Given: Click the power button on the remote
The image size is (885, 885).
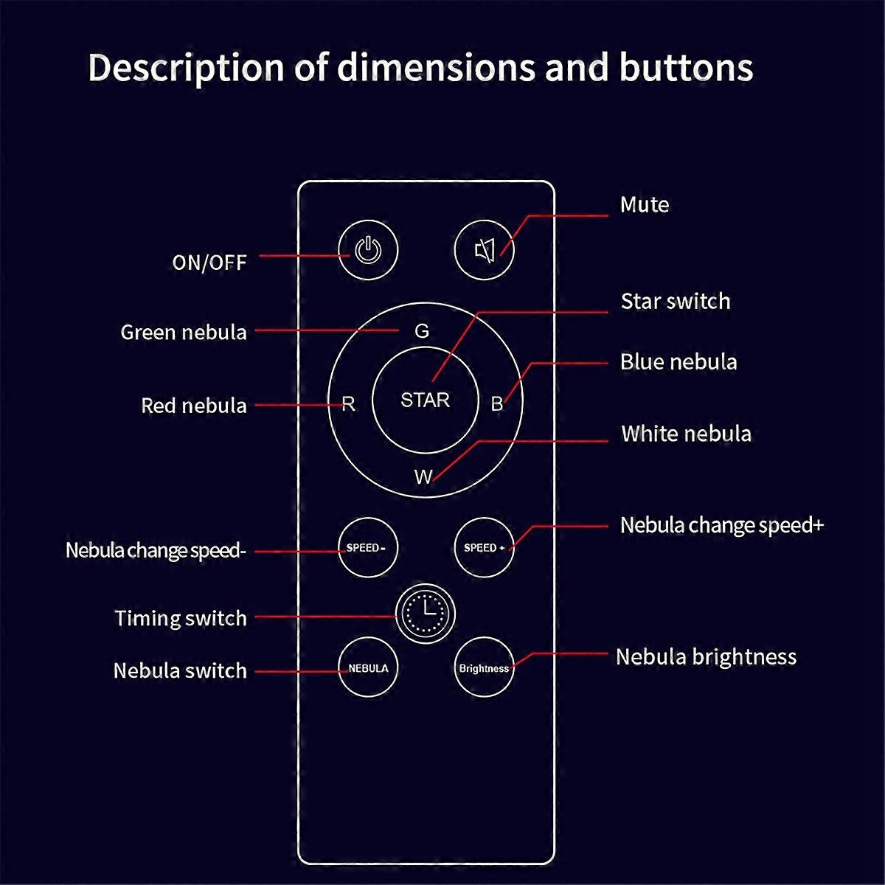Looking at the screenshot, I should pos(368,251).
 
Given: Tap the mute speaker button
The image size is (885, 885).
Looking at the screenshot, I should pos(484,251).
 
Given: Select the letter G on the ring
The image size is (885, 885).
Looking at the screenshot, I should pos(422,331).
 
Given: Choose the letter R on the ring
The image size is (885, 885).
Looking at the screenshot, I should pos(349,404).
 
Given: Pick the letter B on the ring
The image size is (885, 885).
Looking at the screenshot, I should pos(497,404).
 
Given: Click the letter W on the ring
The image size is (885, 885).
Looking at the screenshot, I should pos(423,477).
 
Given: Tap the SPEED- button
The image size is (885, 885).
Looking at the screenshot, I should pos(367,547).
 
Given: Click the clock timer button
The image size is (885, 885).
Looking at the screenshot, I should pos(426,614).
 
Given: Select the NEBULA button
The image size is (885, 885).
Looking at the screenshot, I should pos(368,668).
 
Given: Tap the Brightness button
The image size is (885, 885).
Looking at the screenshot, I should pos(484,668).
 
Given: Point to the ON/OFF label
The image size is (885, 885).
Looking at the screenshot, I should pos(209,263).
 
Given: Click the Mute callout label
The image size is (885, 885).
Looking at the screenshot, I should pos(645,204).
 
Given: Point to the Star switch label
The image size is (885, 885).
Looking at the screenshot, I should pos(676,301).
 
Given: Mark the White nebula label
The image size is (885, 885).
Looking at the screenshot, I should pos(686,434).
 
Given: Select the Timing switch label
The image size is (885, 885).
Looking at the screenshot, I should pos(181,618).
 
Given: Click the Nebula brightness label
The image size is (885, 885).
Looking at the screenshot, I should pos(706,657).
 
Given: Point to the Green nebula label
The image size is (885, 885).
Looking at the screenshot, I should pos(184,332).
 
